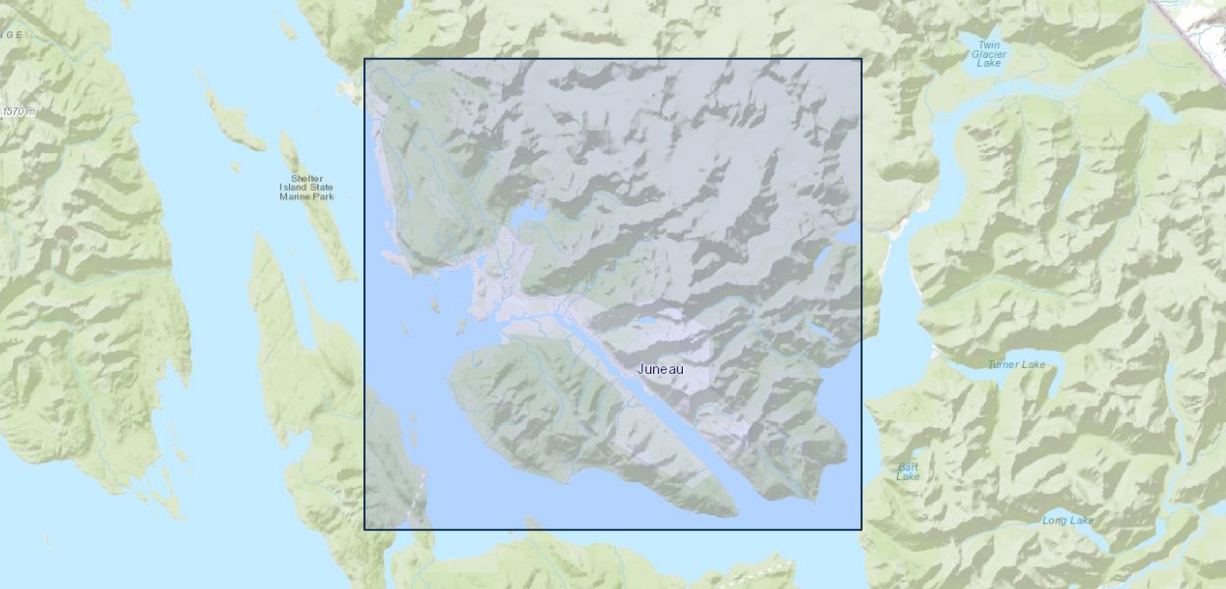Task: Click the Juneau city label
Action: coord(660,369)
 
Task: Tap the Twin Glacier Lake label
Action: coord(988,54)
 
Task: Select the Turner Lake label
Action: coord(1017,365)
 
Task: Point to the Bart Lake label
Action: coord(908,471)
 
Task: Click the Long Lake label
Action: coord(1068,520)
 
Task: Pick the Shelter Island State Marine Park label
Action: coord(306,187)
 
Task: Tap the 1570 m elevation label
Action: coord(19,112)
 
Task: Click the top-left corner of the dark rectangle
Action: coord(364,59)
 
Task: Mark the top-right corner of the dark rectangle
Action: coord(862,59)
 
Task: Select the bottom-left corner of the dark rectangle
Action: coord(364,529)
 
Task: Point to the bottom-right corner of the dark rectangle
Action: coord(862,529)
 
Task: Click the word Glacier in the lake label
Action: coord(988,54)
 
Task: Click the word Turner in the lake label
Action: coord(1005,365)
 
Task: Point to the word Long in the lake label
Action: coord(1054,520)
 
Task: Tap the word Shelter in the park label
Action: coord(306,178)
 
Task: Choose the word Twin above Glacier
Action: coord(988,44)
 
